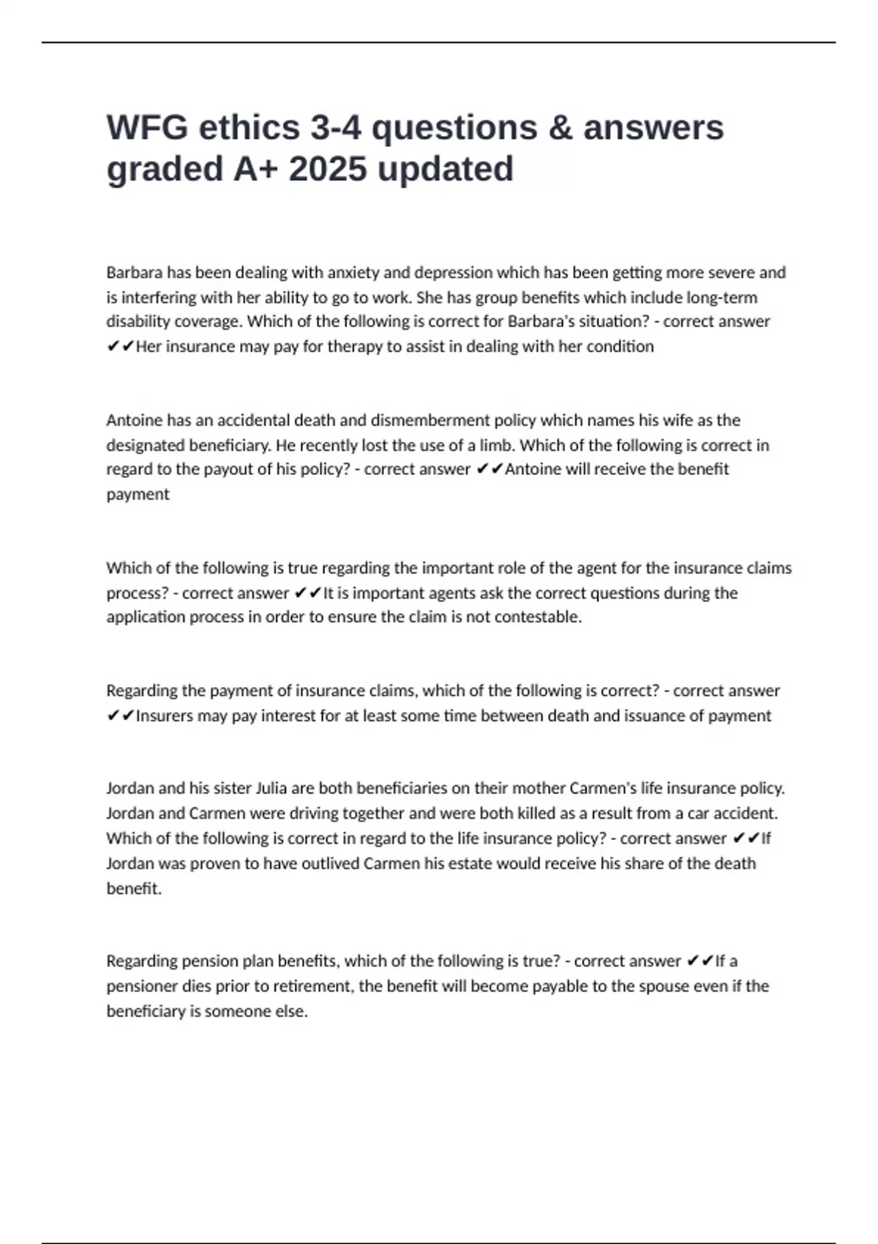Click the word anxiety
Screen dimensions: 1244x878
(353, 273)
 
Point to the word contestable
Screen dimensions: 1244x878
(538, 617)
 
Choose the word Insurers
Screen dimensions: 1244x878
(165, 716)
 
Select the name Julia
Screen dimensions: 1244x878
(271, 789)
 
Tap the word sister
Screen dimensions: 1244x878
(232, 789)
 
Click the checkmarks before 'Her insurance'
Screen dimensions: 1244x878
(120, 347)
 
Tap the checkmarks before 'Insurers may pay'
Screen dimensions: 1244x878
(120, 716)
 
